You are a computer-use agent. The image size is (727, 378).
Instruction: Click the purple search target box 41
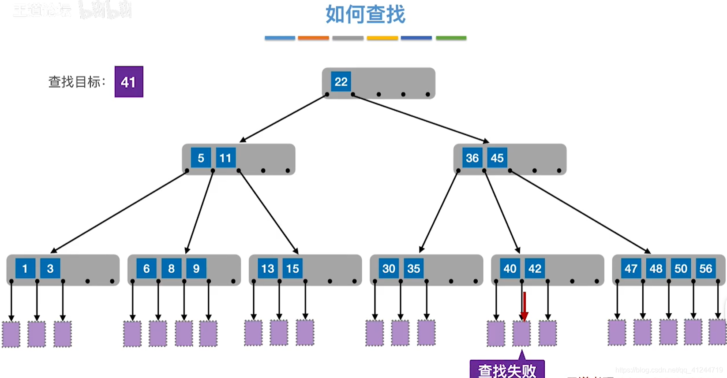tap(129, 82)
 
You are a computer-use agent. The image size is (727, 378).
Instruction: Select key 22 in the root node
tap(341, 82)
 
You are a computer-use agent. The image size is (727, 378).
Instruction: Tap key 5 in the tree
tap(201, 158)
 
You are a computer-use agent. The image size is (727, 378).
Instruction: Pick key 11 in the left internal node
tap(225, 158)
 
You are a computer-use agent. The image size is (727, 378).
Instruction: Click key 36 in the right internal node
tap(472, 158)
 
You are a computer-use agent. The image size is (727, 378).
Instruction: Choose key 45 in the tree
tap(497, 158)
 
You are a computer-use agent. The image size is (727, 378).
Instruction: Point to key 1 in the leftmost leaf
tap(25, 269)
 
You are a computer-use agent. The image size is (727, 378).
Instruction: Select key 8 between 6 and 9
tap(171, 269)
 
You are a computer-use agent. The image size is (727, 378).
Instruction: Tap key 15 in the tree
tap(292, 269)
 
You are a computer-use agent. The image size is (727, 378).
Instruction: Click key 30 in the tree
tap(389, 269)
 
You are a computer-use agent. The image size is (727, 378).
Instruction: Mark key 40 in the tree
tap(510, 269)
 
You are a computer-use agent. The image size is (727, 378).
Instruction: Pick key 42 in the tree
tap(535, 269)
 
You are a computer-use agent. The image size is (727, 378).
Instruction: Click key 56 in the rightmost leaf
tap(705, 269)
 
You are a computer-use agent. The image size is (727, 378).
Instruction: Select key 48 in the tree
tap(656, 269)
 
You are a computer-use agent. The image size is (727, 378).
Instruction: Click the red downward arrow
tap(524, 306)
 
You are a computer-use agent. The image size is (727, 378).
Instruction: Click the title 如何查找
tap(365, 15)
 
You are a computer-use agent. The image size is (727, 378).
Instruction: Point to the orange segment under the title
tap(313, 38)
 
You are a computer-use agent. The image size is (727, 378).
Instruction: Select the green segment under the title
tap(451, 38)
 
